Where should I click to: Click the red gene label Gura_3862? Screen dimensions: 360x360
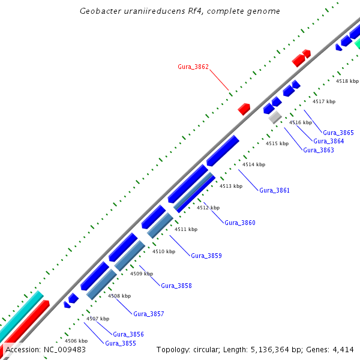[193, 67]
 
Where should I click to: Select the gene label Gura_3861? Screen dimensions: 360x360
[274, 190]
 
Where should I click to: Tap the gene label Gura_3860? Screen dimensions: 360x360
[240, 223]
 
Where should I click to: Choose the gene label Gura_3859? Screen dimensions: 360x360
[206, 256]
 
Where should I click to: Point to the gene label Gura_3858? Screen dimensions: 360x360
[176, 286]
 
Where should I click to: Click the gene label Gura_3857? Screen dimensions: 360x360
[148, 314]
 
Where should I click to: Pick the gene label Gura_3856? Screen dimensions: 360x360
[128, 334]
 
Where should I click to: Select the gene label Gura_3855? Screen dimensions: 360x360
[120, 343]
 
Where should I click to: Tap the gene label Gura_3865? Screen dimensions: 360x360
[338, 133]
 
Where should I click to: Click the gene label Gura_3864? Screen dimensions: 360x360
[328, 141]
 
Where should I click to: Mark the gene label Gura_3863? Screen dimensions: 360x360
[319, 150]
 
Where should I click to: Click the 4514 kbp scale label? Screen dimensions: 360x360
[254, 164]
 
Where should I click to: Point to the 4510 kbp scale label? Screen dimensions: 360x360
[163, 251]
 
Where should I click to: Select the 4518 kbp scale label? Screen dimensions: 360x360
[347, 81]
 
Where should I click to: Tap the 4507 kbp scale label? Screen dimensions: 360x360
[98, 319]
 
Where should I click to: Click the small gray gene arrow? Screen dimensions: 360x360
[275, 117]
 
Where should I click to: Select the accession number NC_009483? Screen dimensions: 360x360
[65, 350]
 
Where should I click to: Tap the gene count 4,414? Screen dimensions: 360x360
[343, 350]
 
